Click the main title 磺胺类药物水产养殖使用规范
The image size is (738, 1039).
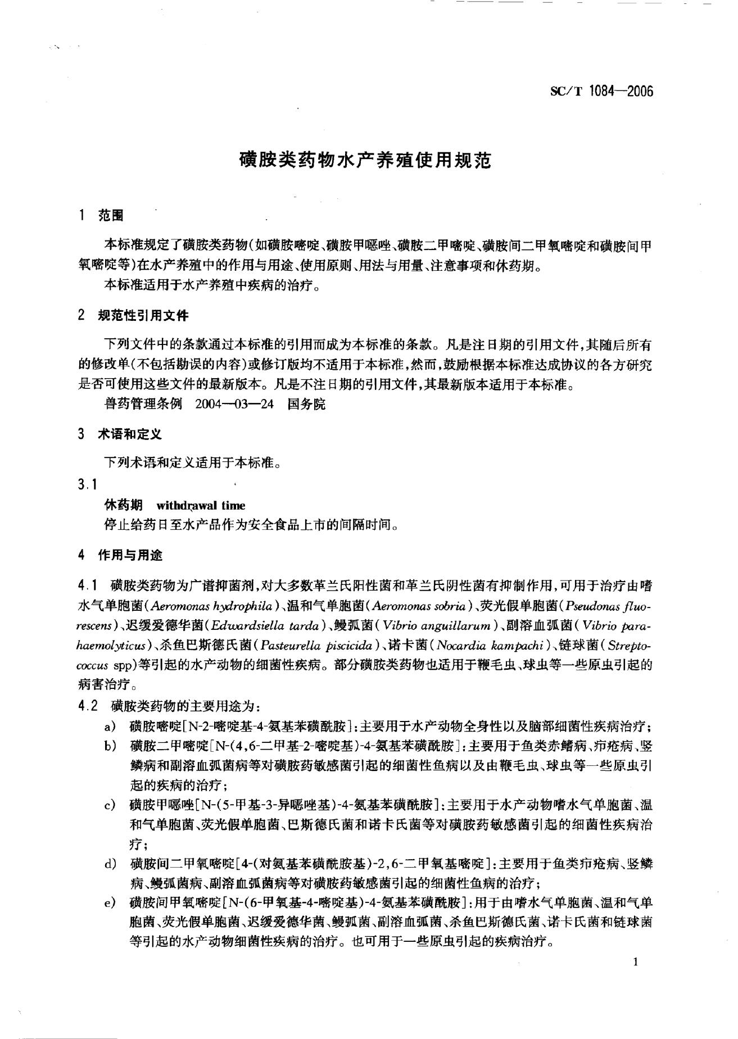pos(365,161)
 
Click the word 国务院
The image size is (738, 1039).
pos(306,405)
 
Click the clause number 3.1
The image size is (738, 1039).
pos(88,484)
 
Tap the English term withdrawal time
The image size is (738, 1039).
pos(201,505)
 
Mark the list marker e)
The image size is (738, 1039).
pos(111,903)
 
